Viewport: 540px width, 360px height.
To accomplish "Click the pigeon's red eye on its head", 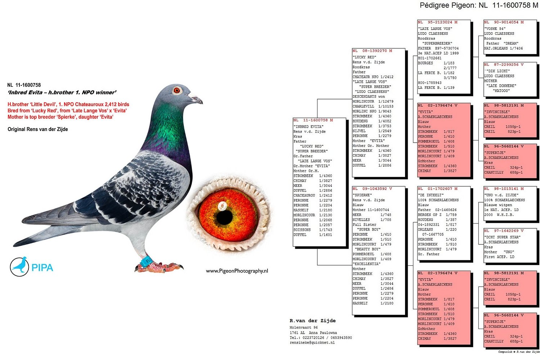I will [x=177, y=90].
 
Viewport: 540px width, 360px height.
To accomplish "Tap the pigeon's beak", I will [x=196, y=99].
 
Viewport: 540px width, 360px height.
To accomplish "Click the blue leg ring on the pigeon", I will [x=147, y=261].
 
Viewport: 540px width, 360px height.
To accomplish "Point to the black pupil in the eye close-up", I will [x=224, y=217].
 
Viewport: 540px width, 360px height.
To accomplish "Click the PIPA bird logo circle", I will [x=19, y=266].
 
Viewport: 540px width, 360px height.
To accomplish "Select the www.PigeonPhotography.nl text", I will [x=237, y=271].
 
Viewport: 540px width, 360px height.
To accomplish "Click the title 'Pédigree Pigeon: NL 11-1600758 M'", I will [x=479, y=5].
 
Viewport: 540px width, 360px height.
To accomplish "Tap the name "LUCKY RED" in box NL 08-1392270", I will [x=364, y=57].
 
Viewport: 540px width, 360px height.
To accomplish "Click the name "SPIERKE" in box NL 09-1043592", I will [x=362, y=195].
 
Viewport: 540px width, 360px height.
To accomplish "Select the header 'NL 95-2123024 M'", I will [x=437, y=22].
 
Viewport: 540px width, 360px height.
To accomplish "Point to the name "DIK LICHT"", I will [x=497, y=71].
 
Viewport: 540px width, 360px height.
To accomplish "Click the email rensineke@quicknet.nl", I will [x=312, y=343].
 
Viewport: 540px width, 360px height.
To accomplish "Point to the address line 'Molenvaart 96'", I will [x=303, y=328].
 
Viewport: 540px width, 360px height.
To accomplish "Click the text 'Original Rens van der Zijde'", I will [x=38, y=129].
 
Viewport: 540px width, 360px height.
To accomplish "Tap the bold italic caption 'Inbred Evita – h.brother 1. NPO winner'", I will [x=62, y=93].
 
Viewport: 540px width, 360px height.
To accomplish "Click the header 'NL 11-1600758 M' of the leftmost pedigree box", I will [x=313, y=120].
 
